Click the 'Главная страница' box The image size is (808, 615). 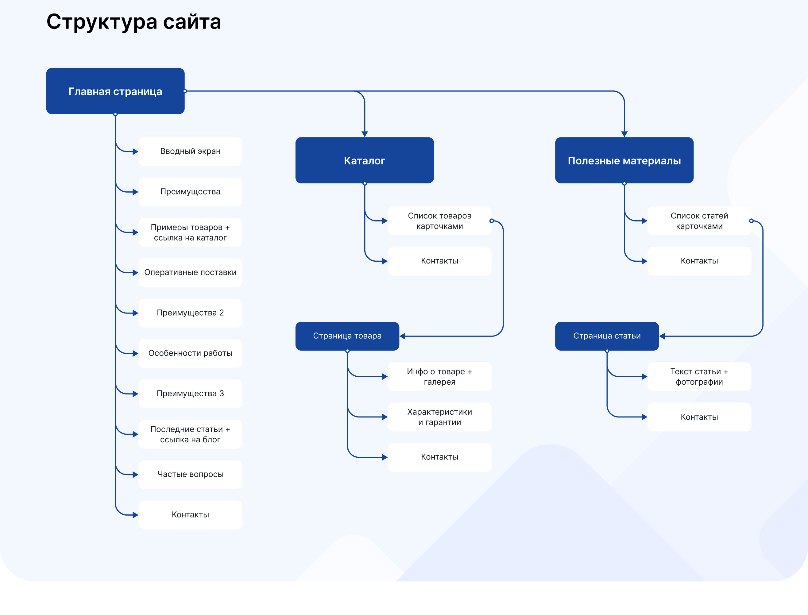[115, 91]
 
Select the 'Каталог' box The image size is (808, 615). [365, 160]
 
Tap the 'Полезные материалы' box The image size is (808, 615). [624, 160]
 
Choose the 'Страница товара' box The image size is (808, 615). [347, 336]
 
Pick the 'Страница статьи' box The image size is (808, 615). [607, 336]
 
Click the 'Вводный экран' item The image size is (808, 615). [190, 151]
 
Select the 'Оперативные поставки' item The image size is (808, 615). [190, 272]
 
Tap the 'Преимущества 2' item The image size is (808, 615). [190, 313]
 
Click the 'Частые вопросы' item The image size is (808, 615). [190, 475]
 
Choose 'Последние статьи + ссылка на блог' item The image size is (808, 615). [190, 434]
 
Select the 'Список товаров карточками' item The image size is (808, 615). [439, 221]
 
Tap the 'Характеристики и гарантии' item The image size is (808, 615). [439, 417]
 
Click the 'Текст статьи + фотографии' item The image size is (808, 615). [699, 376]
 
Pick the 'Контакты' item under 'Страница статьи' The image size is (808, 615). [699, 417]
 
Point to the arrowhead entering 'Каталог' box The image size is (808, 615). [365, 134]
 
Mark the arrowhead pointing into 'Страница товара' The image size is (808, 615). [403, 336]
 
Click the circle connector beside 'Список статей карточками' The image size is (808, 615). [751, 221]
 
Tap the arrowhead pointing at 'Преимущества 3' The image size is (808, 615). [135, 394]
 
